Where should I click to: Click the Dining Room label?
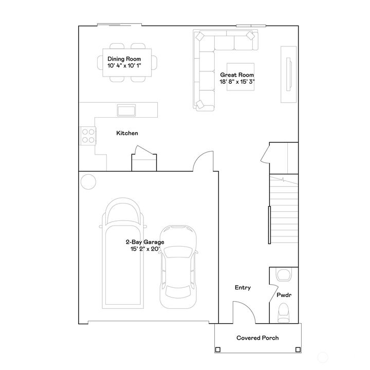coord(124,59)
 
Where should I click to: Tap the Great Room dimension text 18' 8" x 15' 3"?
coord(238,81)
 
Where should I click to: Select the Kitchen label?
coord(127,133)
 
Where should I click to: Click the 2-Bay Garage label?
coord(145,242)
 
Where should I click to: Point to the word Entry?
coord(243,288)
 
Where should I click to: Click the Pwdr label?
coord(284,297)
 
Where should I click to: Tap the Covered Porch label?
coord(257,338)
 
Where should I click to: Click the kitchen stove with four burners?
coord(88,135)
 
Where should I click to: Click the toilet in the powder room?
coord(284,313)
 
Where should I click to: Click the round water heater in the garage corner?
coord(88,181)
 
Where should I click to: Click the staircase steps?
coord(284,211)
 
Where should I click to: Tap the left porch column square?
coord(218,349)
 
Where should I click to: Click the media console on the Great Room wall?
coord(288,75)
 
